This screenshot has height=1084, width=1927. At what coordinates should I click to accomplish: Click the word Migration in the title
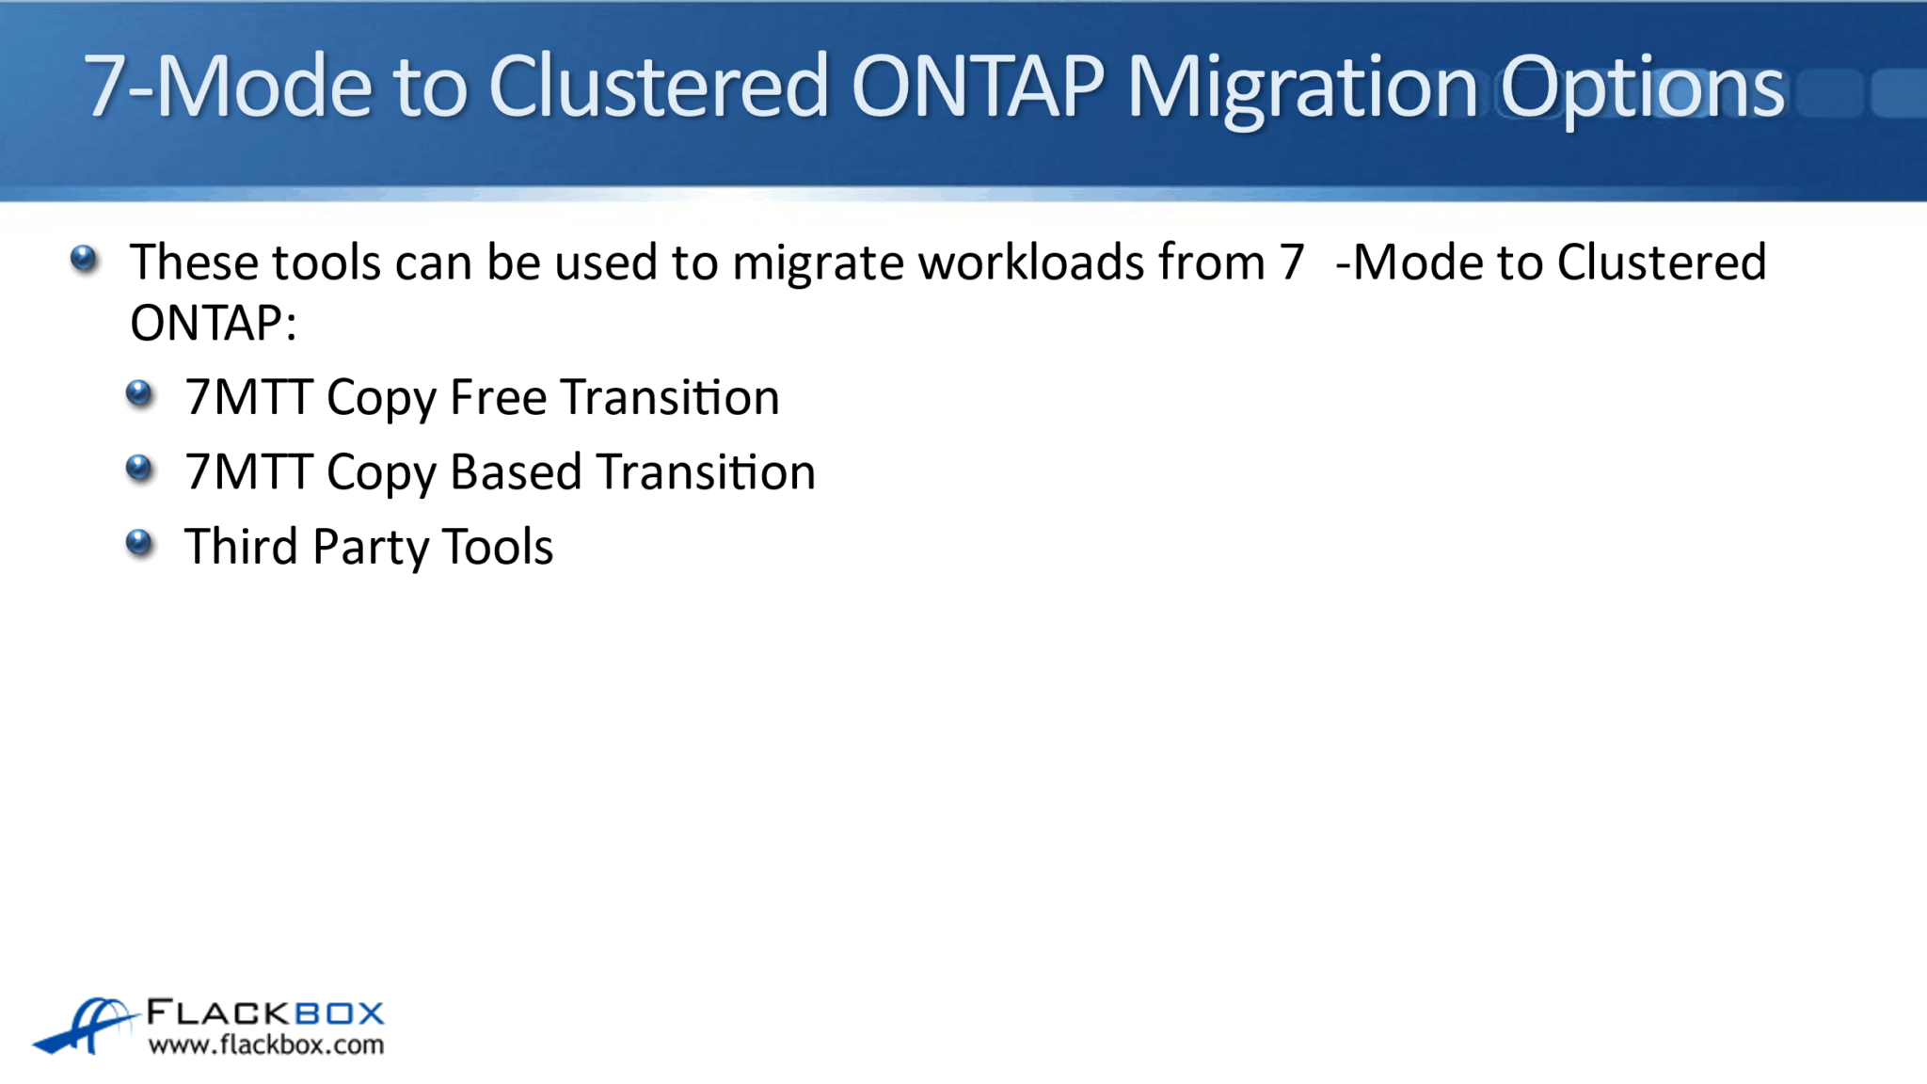1301,87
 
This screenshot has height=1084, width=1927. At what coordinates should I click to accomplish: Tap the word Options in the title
1641,87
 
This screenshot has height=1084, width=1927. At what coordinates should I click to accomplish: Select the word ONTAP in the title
978,87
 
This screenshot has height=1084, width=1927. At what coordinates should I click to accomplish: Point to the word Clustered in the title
658,87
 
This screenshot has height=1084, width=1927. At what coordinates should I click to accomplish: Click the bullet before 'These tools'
84,259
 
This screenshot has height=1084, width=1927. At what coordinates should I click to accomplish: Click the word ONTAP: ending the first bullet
213,323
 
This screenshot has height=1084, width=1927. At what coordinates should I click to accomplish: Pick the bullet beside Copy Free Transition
139,393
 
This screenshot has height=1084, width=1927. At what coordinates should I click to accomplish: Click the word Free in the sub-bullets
498,397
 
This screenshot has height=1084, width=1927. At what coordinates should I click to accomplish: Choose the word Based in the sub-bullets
516,471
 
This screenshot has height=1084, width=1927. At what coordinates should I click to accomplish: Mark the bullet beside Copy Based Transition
139,468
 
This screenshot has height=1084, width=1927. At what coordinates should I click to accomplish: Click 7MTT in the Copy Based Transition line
248,471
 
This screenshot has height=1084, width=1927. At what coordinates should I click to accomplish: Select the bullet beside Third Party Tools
139,542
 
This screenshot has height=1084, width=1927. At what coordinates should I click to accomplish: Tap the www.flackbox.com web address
266,1044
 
